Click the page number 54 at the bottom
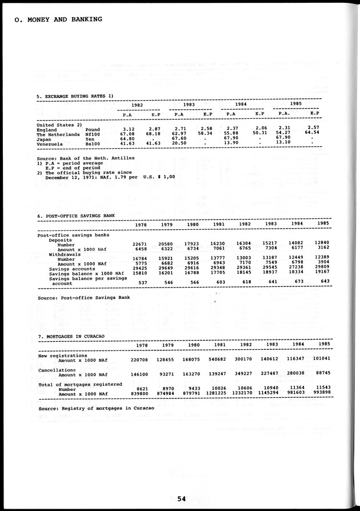click(x=181, y=498)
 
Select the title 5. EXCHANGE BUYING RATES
click(x=75, y=95)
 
